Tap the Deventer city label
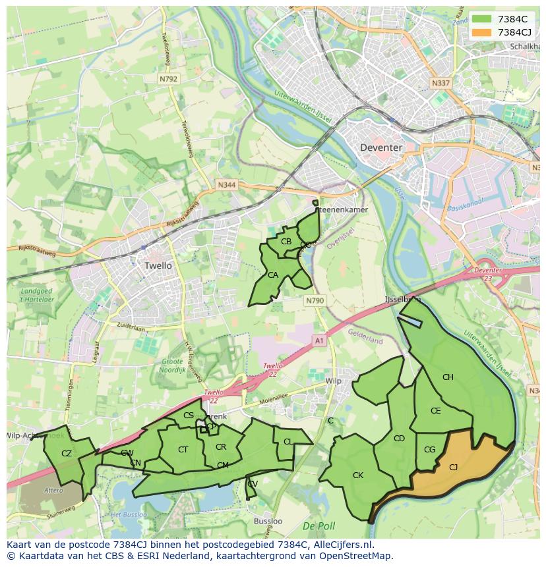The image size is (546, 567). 381,148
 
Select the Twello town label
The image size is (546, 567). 158,265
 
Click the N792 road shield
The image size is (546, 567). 168,78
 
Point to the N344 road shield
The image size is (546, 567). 226,186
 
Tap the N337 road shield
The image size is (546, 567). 440,84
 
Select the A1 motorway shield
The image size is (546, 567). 320,340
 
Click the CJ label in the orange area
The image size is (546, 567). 453,467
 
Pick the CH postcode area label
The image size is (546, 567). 448,377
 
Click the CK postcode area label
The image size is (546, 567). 358,475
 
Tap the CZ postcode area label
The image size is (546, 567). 66,453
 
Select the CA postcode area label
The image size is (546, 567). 272,275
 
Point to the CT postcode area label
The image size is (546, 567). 183,450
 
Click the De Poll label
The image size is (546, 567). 316,526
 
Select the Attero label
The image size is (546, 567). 53,490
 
